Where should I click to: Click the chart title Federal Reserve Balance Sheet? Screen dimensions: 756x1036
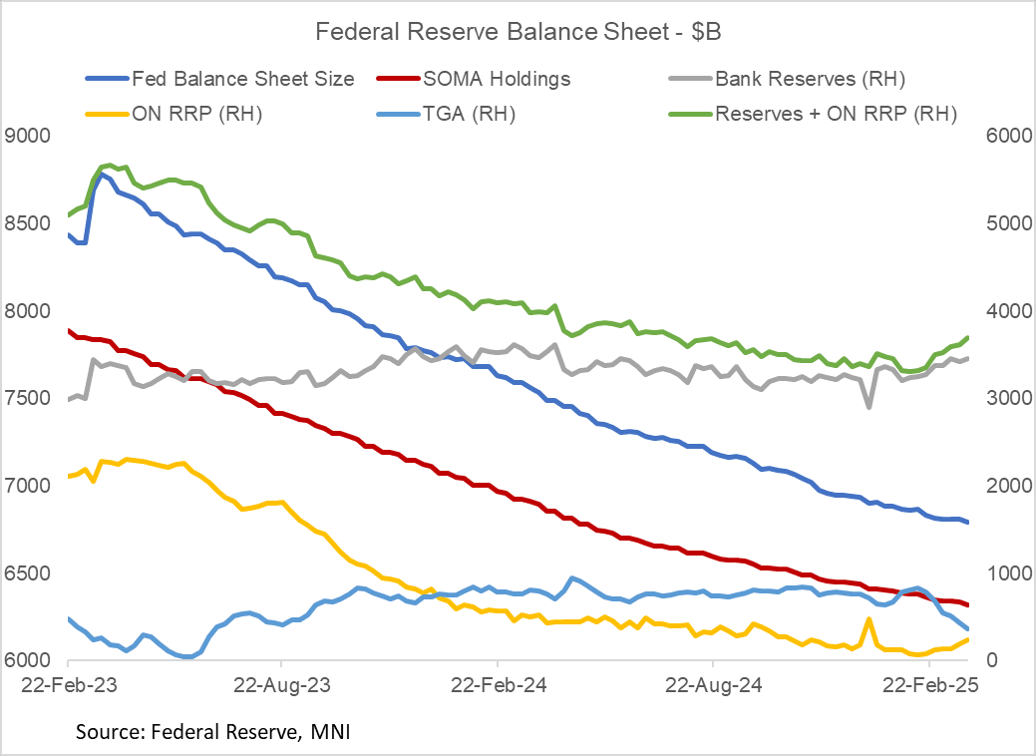518,32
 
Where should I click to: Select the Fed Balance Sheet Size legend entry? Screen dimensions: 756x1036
241,78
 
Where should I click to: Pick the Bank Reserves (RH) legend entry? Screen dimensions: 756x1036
809,78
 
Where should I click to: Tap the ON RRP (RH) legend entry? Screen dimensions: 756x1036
195,114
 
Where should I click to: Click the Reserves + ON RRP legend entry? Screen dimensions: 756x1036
836,114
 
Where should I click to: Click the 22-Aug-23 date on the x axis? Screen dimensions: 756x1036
281,685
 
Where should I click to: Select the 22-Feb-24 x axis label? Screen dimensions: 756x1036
497,685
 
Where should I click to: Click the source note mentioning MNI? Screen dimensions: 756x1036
213,733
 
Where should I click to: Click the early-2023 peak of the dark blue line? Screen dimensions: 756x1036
102,174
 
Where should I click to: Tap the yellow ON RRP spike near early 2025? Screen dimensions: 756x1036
868,619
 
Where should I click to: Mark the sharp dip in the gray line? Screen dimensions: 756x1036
868,407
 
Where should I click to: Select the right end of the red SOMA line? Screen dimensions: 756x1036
968,604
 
